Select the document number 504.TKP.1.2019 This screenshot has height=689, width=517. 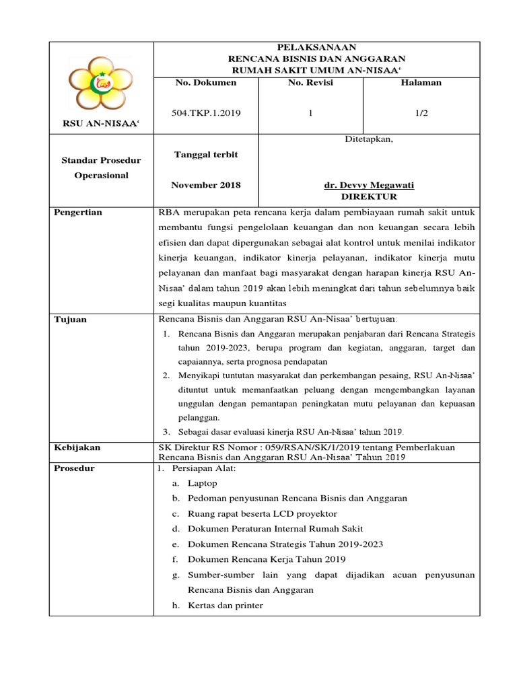click(206, 113)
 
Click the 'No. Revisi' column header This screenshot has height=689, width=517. click(310, 82)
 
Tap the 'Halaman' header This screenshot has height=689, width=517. click(421, 82)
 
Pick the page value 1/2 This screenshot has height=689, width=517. click(421, 113)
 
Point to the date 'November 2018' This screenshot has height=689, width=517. click(205, 184)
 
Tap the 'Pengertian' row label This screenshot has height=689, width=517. click(78, 213)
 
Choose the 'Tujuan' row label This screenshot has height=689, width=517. click(71, 319)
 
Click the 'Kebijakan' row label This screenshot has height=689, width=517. click(76, 447)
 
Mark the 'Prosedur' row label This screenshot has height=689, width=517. click(74, 468)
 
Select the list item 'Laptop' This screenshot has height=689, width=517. click(203, 483)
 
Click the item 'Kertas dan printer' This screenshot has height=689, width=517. click(225, 605)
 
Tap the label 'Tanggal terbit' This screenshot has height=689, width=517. click(205, 154)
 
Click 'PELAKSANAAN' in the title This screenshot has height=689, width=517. click(317, 47)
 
